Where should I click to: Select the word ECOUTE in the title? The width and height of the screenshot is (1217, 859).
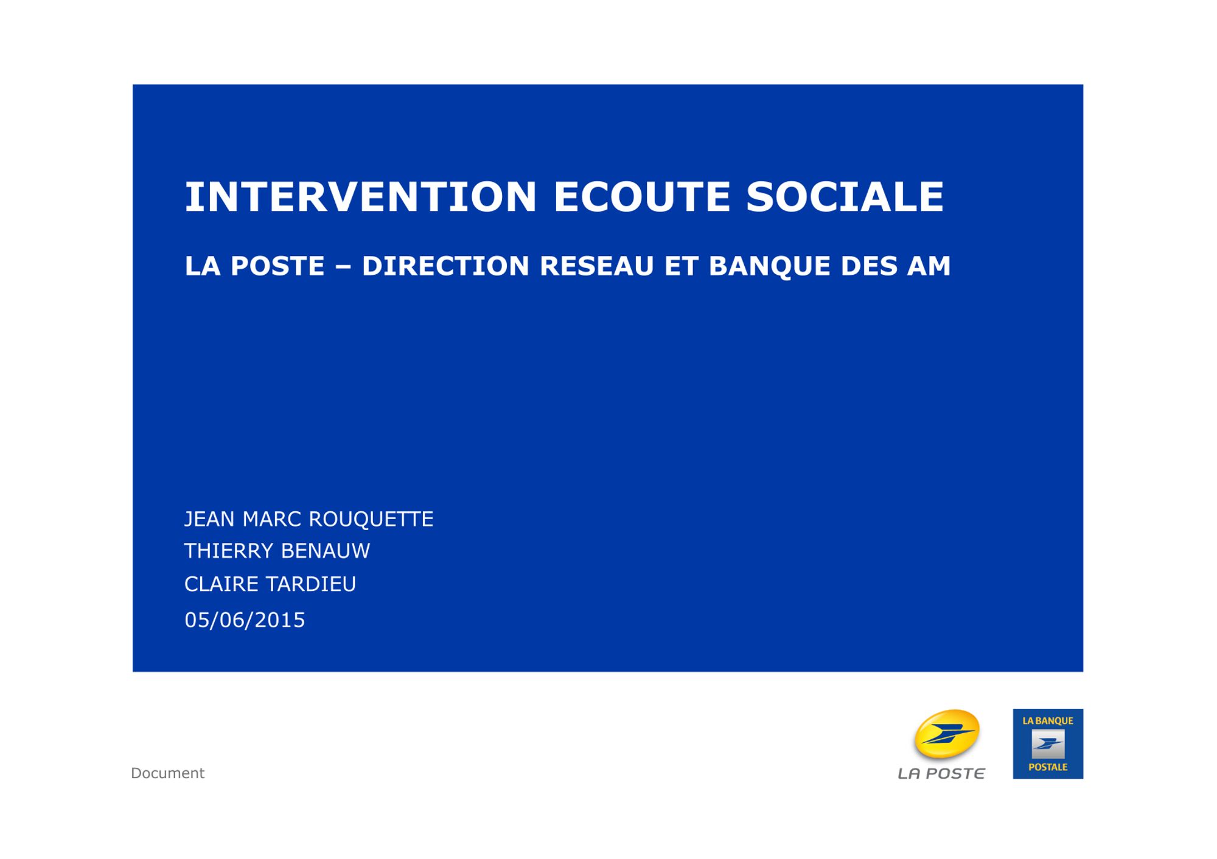641,196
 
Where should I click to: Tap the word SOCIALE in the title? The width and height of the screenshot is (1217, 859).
845,196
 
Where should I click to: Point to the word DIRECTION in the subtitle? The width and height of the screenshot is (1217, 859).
445,266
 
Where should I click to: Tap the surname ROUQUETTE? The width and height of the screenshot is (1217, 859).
371,519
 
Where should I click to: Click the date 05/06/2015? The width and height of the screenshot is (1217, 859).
245,620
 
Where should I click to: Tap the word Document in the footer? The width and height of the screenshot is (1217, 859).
168,773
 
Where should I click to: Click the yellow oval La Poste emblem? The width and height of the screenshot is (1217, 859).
946,734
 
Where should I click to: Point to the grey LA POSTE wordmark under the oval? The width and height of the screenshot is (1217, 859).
941,773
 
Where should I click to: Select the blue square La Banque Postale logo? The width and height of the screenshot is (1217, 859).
1048,743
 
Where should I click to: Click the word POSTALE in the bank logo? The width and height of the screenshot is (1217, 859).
1048,767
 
